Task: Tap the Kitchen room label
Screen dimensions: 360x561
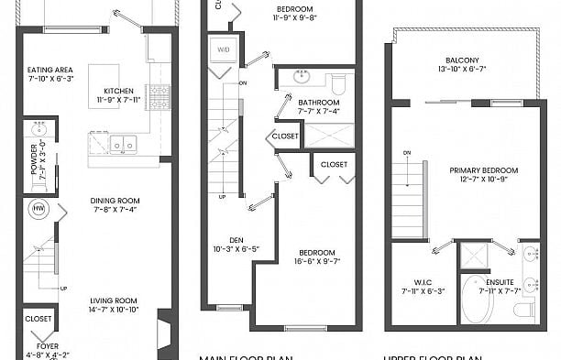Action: click(x=119, y=91)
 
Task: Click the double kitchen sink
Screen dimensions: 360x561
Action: click(x=122, y=144)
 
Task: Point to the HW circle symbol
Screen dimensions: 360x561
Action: click(x=38, y=209)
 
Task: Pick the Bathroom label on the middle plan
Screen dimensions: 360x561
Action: click(x=317, y=103)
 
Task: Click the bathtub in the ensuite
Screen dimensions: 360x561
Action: click(x=477, y=299)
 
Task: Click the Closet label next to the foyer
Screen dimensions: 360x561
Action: click(x=38, y=319)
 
